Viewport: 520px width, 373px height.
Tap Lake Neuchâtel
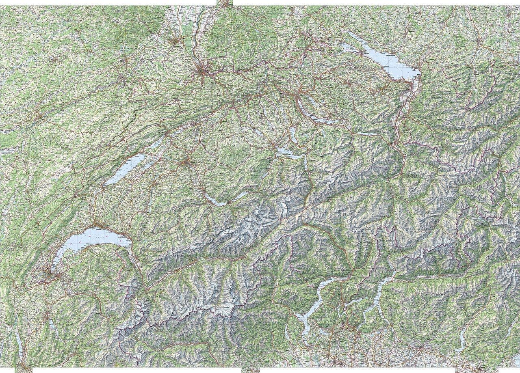pyautogui.click(x=126, y=168)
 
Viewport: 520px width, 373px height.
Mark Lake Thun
pyautogui.click(x=215, y=201)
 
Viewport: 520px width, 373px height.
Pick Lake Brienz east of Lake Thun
pyautogui.click(x=240, y=195)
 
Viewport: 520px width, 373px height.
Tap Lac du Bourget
pyautogui.click(x=19, y=343)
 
